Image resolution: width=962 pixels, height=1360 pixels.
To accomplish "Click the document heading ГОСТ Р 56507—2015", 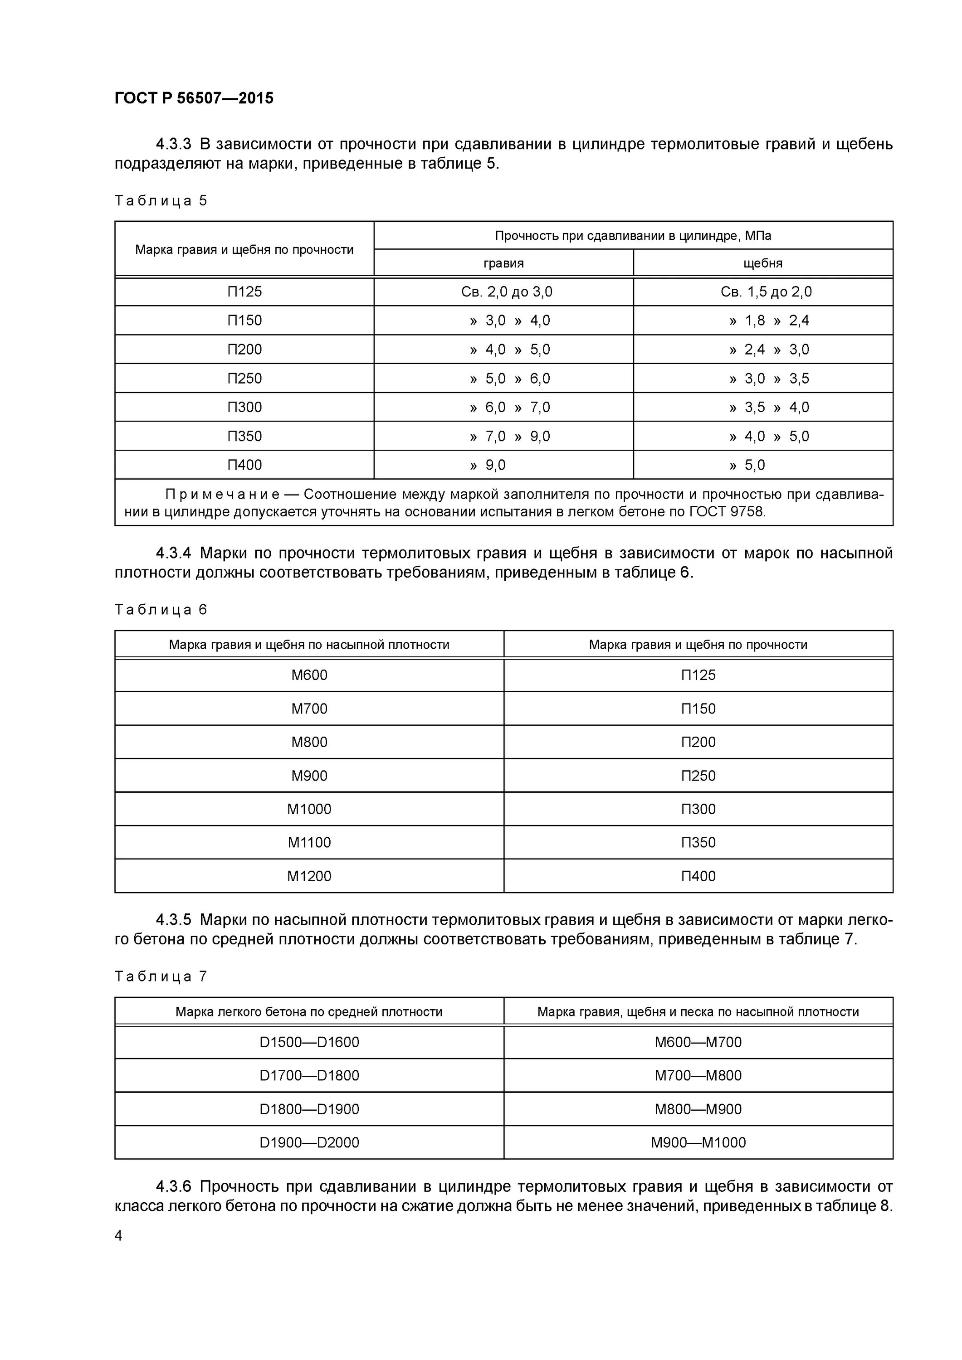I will click(194, 98).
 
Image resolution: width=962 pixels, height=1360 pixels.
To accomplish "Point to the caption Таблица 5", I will click(161, 201).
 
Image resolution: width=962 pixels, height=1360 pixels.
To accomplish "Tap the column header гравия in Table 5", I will click(503, 263).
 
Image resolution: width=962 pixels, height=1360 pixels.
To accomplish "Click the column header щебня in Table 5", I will click(763, 263).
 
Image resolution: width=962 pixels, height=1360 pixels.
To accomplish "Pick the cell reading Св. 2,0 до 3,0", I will click(506, 292).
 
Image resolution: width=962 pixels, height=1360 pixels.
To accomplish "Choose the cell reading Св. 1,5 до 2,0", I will click(766, 292).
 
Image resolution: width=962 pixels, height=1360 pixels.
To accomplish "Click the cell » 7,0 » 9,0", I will click(510, 437).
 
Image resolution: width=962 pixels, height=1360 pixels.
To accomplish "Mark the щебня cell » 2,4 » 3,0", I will click(769, 350).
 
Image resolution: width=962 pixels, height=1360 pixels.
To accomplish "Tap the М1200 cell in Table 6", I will click(309, 876).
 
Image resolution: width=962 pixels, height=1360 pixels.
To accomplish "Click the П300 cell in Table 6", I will click(698, 809).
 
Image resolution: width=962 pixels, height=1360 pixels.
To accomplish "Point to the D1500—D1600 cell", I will click(309, 1042).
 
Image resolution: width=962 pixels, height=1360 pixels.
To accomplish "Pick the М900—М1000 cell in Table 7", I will click(698, 1142).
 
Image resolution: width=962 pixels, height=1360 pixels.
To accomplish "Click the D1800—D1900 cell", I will click(309, 1109).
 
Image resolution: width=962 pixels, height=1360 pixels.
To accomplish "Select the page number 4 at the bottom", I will click(118, 1236).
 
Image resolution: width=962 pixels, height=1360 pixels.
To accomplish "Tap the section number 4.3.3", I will click(173, 145).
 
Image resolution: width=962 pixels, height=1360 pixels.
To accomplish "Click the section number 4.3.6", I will click(173, 1187).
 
